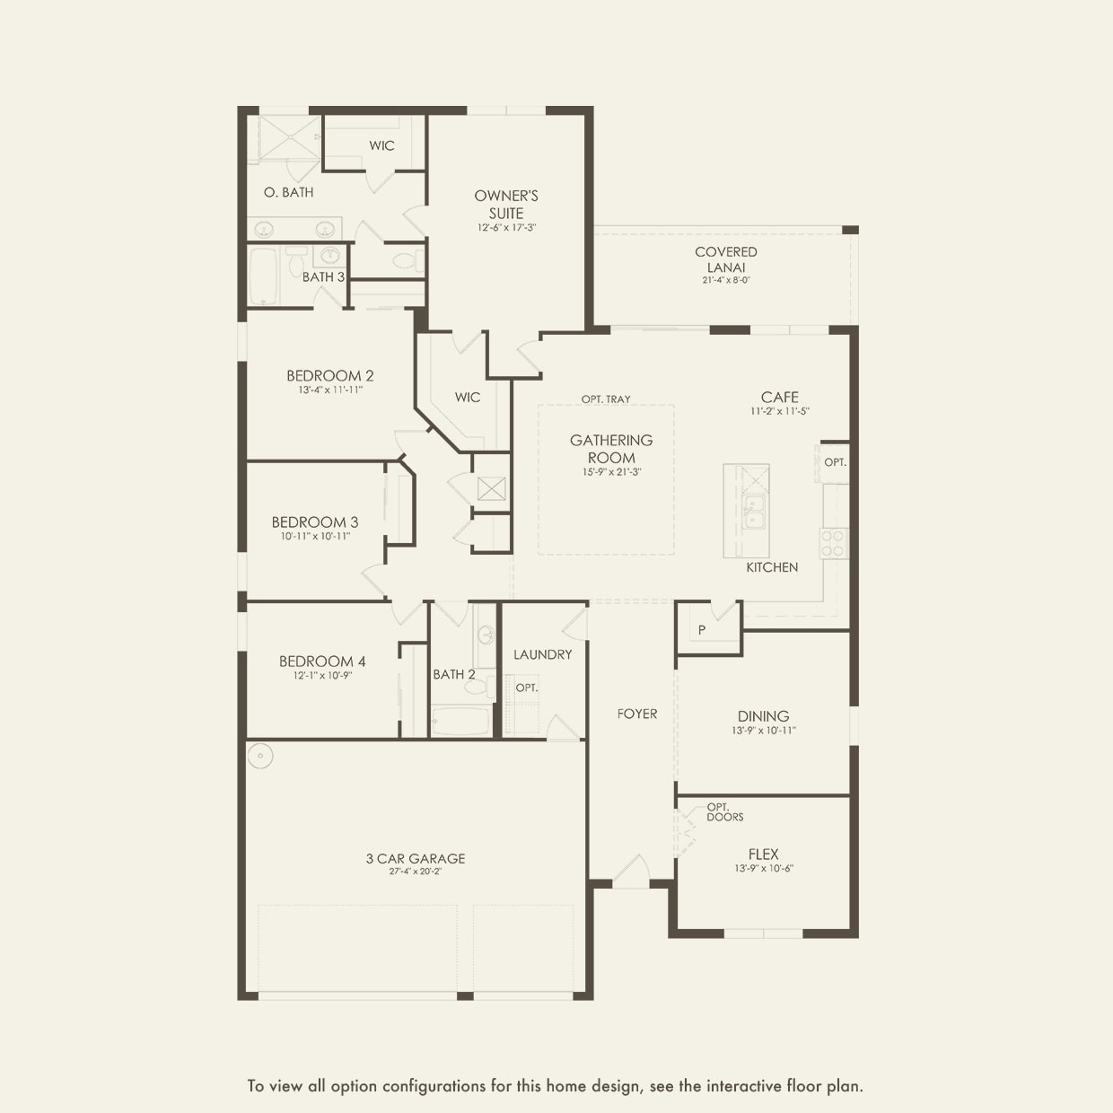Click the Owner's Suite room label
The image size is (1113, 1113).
506,204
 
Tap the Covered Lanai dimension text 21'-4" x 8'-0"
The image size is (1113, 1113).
726,280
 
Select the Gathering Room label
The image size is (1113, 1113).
611,449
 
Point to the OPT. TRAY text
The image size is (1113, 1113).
606,399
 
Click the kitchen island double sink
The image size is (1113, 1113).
754,511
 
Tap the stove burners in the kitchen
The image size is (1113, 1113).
834,543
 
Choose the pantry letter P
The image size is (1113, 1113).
702,630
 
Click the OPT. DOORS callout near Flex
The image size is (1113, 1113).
725,811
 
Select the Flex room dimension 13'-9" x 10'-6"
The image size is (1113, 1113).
764,868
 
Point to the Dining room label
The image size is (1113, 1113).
763,716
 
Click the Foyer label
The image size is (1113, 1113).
637,714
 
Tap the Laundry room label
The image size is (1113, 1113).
542,654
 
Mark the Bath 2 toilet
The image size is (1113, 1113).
478,686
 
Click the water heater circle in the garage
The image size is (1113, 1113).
260,756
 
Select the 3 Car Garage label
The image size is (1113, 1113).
416,858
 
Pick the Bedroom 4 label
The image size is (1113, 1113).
322,661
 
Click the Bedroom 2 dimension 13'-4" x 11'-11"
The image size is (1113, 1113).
330,390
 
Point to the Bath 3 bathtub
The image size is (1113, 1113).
265,276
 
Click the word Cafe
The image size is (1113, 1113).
780,398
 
